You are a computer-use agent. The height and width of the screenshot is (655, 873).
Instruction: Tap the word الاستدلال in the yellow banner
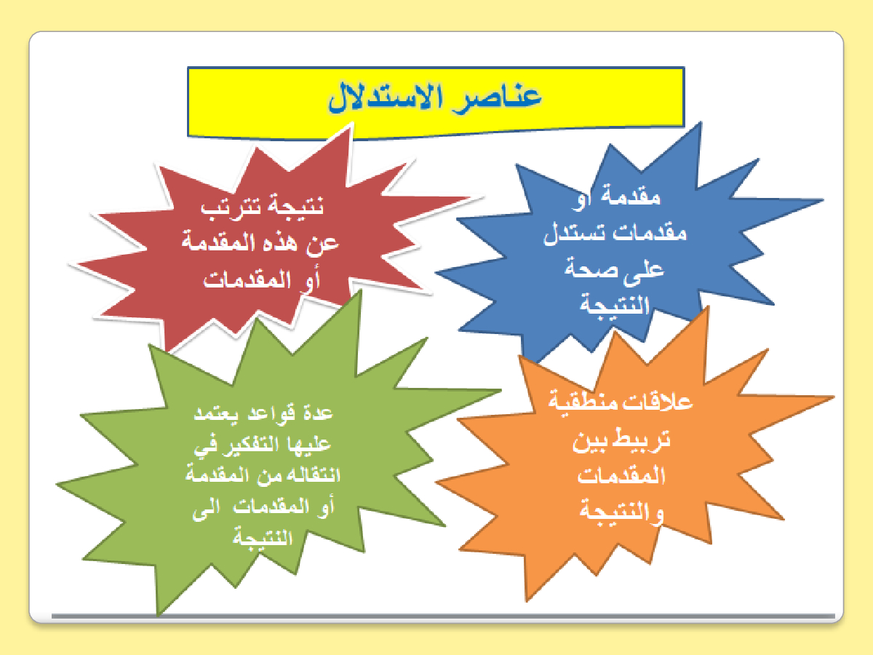pos(385,98)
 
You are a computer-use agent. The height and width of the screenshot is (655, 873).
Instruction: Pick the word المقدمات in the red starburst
pos(247,279)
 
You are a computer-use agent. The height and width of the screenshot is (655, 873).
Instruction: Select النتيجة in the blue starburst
pos(614,306)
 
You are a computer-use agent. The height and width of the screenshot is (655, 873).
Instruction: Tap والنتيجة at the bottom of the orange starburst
pos(621,511)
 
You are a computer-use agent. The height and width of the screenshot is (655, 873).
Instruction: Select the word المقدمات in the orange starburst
pos(621,475)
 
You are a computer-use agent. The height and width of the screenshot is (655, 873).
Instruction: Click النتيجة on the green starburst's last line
pos(263,538)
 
